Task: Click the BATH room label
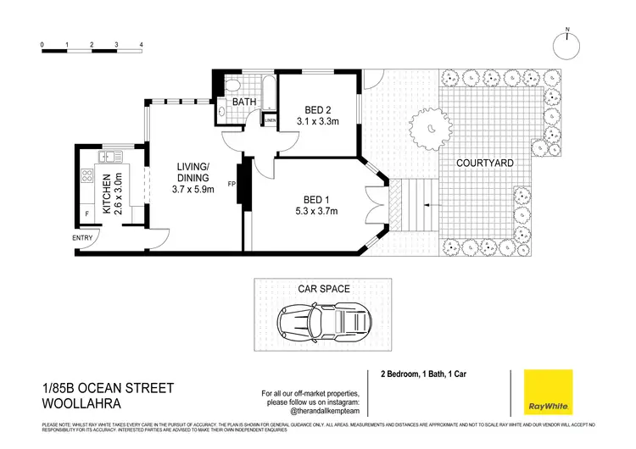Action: tap(245, 103)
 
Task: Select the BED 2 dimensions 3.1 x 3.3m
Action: tap(316, 121)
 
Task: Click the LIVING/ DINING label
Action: tap(194, 172)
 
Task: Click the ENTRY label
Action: tap(83, 238)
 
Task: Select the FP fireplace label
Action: tap(231, 183)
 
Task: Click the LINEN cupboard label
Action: tap(270, 120)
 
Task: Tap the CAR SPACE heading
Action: tap(323, 289)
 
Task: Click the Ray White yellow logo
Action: tap(547, 393)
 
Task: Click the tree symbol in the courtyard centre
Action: tap(432, 128)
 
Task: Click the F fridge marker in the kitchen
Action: tap(86, 214)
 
